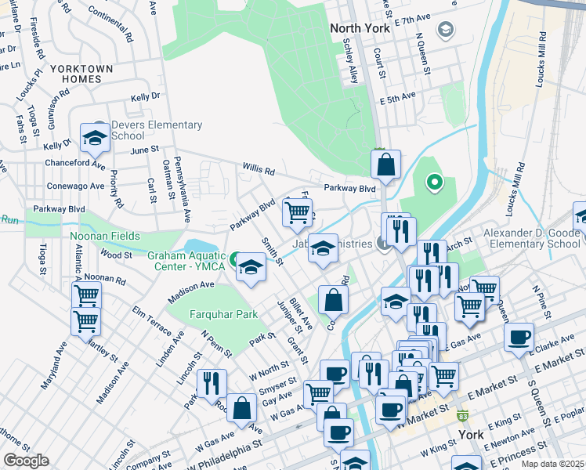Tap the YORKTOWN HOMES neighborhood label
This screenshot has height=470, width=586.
pos(81,74)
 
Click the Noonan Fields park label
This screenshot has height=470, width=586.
pos(105,236)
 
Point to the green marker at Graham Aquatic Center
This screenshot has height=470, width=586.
pos(234,258)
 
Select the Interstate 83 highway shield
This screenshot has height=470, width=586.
pos(464,414)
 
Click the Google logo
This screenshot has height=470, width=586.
pos(26,460)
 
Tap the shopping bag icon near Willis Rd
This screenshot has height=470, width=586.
pos(385,165)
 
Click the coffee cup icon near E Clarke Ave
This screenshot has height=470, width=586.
pos(519,338)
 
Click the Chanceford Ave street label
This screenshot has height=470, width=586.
pos(76,165)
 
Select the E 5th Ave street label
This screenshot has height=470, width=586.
pos(396,100)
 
